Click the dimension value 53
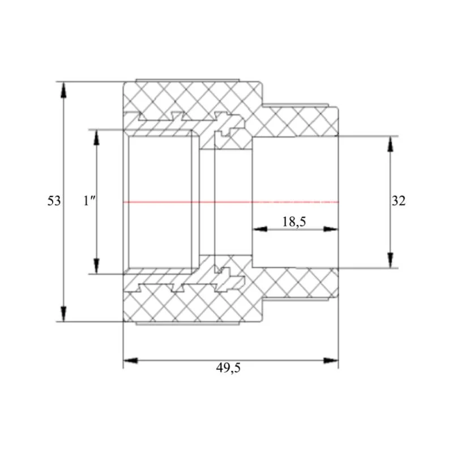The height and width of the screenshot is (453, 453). point(54,201)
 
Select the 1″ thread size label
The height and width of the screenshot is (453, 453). point(89,201)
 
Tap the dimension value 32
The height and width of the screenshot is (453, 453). point(399,201)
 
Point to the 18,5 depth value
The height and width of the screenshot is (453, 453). point(294,222)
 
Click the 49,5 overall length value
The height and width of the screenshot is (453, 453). point(228,368)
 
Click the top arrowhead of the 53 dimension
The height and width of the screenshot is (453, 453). point(63,89)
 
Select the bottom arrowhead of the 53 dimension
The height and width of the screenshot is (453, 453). point(63,314)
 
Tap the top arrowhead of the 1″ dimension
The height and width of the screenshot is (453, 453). point(96,137)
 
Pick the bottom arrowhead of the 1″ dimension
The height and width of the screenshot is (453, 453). point(96,266)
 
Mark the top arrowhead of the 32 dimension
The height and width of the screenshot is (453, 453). point(390,144)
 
